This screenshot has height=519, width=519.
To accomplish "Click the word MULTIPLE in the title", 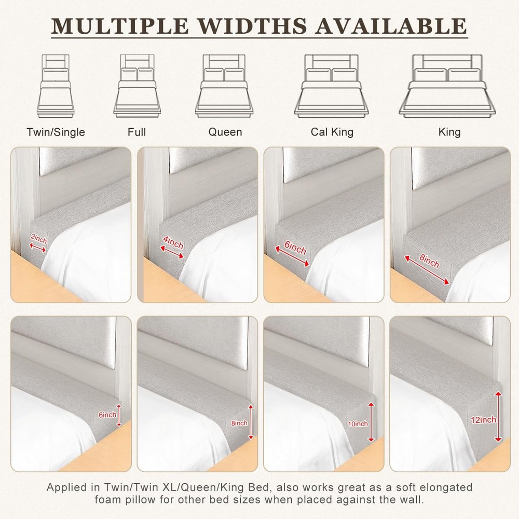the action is pos(120,25).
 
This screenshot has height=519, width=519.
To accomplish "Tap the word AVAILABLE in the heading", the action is pos(391,25).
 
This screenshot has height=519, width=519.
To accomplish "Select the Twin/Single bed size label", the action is pos(56,132).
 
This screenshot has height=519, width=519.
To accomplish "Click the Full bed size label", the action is pos(136,132).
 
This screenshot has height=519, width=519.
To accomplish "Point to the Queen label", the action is pos(225,132).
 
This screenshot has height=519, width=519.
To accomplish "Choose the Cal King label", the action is pos(332,132).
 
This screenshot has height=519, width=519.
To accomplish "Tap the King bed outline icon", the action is pos(449,86).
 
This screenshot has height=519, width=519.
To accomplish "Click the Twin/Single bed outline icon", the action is pos(56,86).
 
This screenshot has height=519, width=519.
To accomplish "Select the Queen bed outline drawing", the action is pos(225,86).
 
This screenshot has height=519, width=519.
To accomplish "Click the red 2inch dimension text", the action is pos(39,239).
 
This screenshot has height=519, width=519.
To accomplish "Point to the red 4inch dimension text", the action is pos(173,242).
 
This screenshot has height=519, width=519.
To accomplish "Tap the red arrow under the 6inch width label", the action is pos(292,256).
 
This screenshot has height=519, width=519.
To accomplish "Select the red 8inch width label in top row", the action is pos(429,261).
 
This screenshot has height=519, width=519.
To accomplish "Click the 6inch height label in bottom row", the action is pos(107,415).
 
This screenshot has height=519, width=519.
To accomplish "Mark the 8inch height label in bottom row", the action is pos(239,423).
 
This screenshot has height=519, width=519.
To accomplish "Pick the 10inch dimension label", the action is pos(358,424).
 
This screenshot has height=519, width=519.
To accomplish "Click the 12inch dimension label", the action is pos(484,420).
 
